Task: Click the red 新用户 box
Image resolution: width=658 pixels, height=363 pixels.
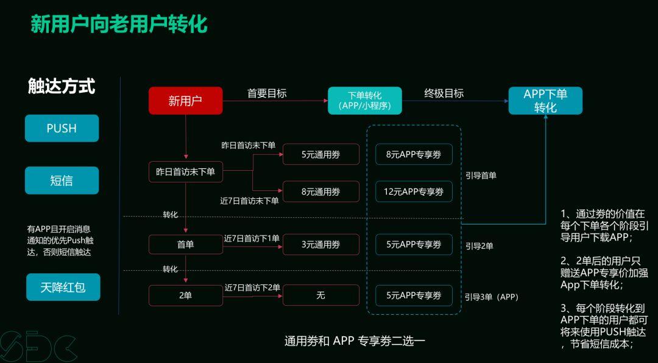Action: (x=185, y=101)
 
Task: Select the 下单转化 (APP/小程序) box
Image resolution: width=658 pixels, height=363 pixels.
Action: (x=364, y=101)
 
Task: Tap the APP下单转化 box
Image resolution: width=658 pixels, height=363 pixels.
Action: (x=545, y=101)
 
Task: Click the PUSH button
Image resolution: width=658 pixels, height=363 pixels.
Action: (x=62, y=128)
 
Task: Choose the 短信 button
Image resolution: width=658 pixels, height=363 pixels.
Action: (x=62, y=181)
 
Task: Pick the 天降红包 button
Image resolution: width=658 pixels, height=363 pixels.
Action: (x=63, y=287)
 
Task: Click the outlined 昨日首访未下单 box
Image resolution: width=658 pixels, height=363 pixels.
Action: (x=182, y=172)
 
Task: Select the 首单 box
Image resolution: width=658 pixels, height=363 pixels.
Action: (x=185, y=245)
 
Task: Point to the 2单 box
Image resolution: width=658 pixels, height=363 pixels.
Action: (x=185, y=295)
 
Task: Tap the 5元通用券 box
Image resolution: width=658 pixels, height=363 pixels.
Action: (x=320, y=155)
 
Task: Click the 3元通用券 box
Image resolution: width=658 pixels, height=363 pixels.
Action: (x=320, y=245)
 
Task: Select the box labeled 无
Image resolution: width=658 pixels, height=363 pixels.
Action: (x=320, y=295)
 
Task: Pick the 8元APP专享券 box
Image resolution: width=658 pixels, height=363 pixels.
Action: (x=414, y=155)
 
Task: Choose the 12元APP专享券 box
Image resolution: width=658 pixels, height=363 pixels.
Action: (x=414, y=192)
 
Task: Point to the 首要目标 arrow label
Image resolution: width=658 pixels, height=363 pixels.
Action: (x=267, y=93)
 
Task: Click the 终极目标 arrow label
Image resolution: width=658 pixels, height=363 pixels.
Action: (x=444, y=93)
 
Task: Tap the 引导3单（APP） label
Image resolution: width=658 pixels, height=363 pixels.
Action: (x=491, y=297)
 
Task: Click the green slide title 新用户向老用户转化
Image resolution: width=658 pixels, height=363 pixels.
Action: (x=119, y=24)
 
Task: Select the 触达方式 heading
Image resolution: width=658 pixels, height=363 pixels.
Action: (x=62, y=86)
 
